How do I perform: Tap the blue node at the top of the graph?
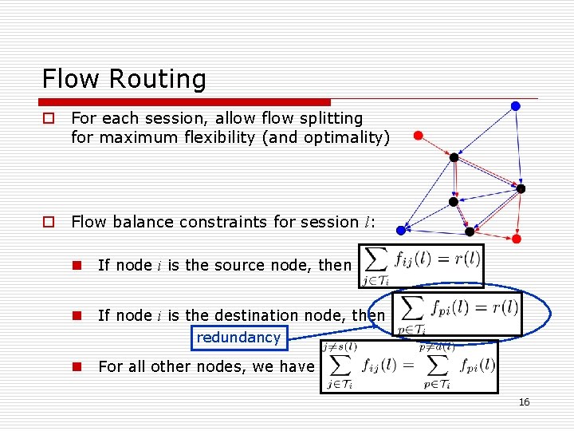click(x=516, y=105)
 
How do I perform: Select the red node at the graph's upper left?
click(x=418, y=135)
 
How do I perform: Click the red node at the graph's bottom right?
click(x=516, y=239)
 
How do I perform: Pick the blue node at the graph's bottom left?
click(x=402, y=229)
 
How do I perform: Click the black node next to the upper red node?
click(x=454, y=157)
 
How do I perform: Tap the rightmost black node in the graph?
click(x=521, y=189)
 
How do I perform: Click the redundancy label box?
click(x=238, y=338)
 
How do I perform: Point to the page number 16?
click(x=524, y=402)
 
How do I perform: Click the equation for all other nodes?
click(x=407, y=366)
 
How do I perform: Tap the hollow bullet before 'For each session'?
click(x=49, y=118)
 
